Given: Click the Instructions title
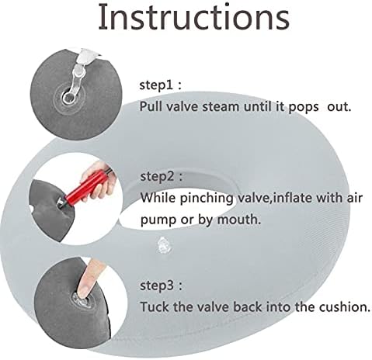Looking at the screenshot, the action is [193, 17].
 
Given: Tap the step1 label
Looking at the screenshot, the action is [160, 85].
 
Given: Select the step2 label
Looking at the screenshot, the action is [162, 176].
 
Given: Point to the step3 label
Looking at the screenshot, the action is [161, 286].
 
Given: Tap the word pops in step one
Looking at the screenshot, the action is [304, 107].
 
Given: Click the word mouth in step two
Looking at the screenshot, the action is [238, 220].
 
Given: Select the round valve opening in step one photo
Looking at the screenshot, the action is [68, 98].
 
